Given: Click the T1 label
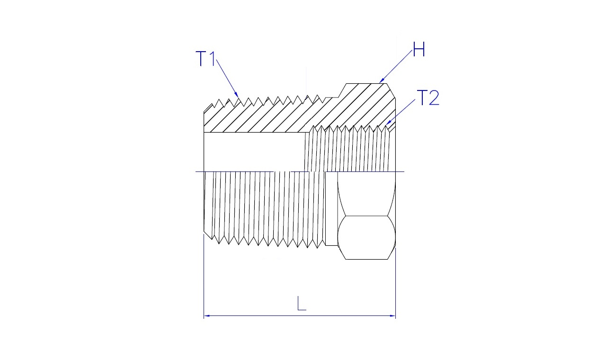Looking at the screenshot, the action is click(x=205, y=59).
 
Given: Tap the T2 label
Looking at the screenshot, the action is click(x=428, y=98).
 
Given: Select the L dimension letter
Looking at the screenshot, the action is click(x=302, y=303).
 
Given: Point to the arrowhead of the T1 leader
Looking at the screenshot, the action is click(x=237, y=94).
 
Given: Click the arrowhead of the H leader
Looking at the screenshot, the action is click(x=382, y=80).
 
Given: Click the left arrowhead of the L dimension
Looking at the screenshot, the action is click(x=207, y=315).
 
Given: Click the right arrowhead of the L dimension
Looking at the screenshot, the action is click(x=392, y=315).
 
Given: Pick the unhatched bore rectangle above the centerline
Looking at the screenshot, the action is click(x=255, y=152).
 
